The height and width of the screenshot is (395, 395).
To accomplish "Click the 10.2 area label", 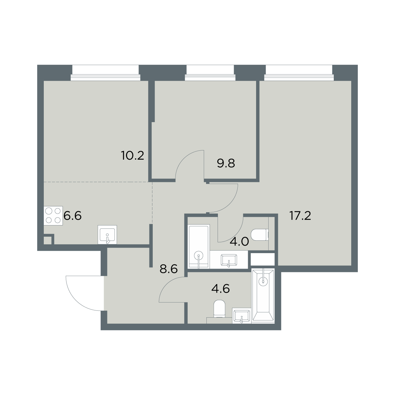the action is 133,156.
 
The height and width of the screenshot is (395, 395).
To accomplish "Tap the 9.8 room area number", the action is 226,163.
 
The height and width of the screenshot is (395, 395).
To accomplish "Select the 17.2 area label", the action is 300,216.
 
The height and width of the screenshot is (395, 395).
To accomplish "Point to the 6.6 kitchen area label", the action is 72,216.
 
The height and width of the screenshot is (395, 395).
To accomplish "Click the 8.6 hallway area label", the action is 169,269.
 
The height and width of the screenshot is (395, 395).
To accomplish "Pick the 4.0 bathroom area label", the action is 239,242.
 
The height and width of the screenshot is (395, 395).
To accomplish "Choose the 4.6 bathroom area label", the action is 220,289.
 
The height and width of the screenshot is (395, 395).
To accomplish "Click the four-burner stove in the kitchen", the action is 53,216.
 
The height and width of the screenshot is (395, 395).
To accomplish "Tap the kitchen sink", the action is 107,235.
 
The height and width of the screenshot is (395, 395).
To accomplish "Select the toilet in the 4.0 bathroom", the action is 260,235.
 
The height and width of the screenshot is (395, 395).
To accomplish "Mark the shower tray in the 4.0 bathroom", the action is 199,247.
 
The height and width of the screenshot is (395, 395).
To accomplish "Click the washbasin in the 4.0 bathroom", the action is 229,261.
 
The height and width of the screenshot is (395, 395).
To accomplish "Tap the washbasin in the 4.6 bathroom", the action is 242,316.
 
